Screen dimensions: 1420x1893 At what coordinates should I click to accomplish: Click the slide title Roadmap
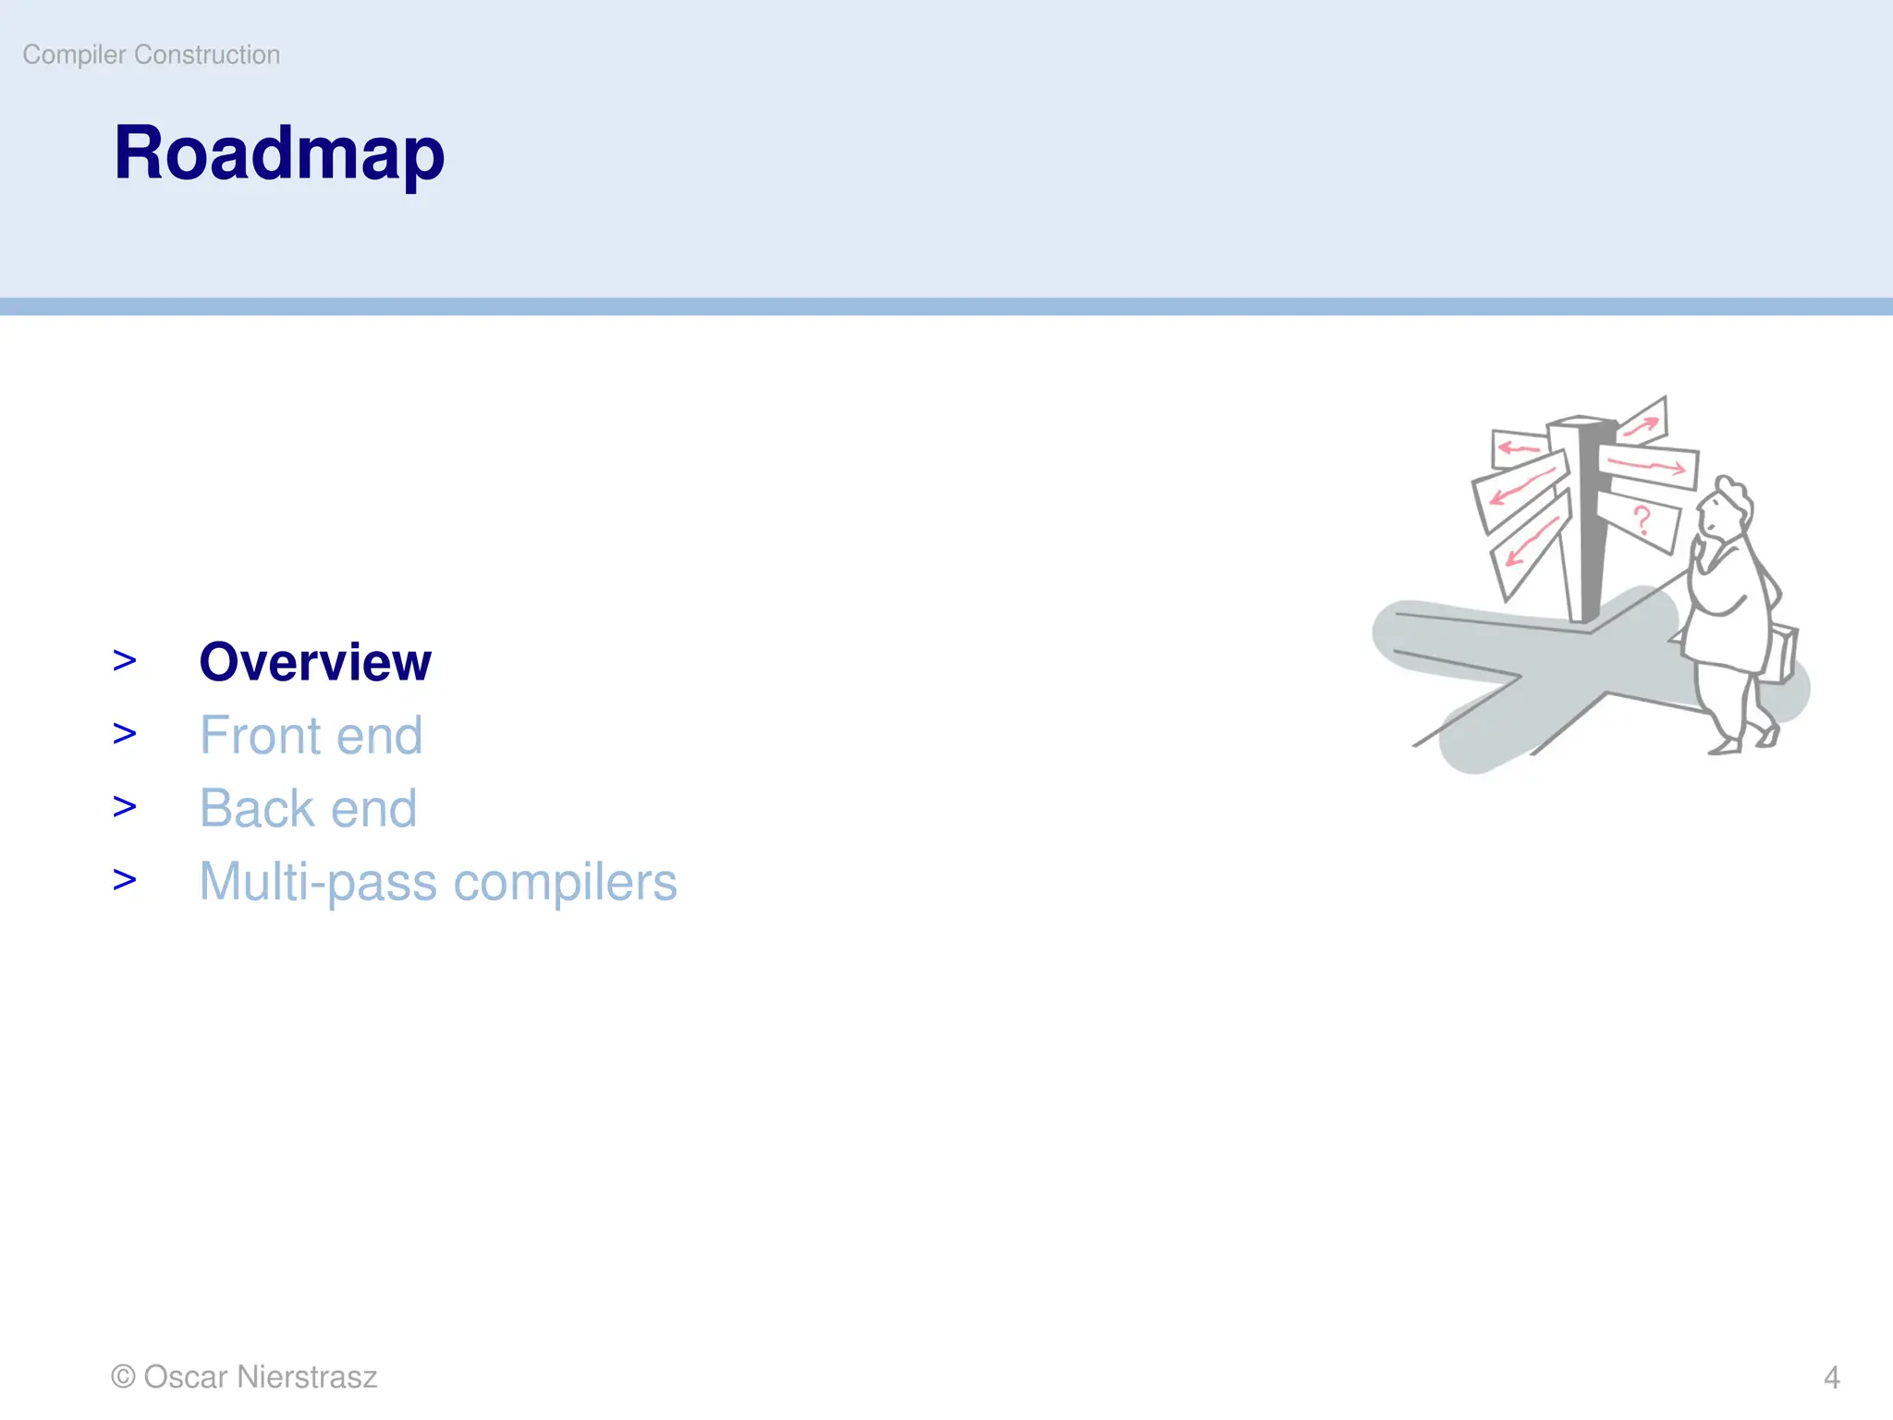click(278, 153)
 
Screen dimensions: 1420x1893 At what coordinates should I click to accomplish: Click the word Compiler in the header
click(74, 55)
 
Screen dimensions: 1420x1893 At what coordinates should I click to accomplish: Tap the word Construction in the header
click(207, 55)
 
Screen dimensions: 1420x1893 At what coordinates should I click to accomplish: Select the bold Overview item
click(315, 662)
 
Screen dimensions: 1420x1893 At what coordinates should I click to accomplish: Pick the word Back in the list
click(257, 808)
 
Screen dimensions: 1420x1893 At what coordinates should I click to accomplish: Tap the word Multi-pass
click(318, 882)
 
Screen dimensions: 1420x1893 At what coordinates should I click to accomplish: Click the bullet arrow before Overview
click(125, 661)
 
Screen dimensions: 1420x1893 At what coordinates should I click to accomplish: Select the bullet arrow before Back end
click(125, 807)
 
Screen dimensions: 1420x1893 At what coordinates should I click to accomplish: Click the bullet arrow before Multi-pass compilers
click(125, 880)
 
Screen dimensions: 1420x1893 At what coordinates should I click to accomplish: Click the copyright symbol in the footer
click(123, 1377)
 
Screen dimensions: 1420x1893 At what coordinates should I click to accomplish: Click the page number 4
click(1831, 1377)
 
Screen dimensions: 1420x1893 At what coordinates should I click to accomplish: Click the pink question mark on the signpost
click(1642, 520)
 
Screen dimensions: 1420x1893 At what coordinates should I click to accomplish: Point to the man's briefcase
click(1782, 654)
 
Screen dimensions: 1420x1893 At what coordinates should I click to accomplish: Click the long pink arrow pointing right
click(1649, 464)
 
